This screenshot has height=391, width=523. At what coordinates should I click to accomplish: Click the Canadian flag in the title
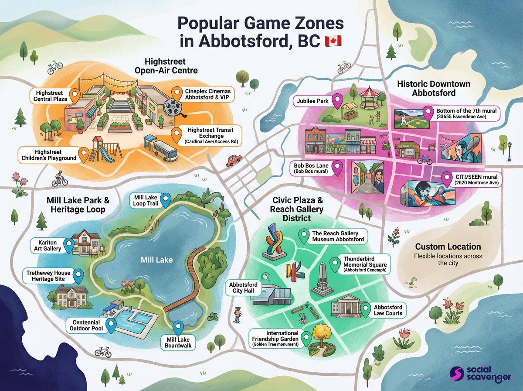pyautogui.click(x=333, y=42)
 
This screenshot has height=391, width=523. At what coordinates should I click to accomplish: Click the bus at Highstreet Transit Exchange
pyautogui.click(x=164, y=151)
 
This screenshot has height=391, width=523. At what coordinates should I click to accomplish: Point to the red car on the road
pyautogui.click(x=234, y=160)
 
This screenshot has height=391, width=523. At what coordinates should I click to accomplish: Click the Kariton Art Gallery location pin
pyautogui.click(x=68, y=245)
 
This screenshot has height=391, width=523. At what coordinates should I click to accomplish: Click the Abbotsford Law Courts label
pyautogui.click(x=388, y=310)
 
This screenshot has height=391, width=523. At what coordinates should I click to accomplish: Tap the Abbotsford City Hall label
pyautogui.click(x=243, y=288)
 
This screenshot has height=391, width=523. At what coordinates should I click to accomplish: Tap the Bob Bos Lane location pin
pyautogui.click(x=336, y=166)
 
